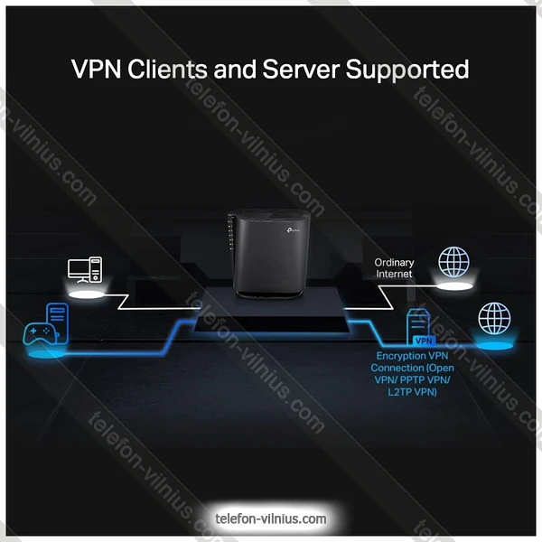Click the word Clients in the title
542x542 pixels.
click(x=160, y=69)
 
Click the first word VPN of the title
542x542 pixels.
click(x=94, y=69)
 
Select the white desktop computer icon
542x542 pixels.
click(x=87, y=270)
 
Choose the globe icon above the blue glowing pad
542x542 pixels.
click(x=493, y=317)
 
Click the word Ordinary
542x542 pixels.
click(x=394, y=263)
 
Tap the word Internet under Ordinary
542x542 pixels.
click(x=394, y=274)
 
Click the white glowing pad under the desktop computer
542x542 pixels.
click(x=87, y=294)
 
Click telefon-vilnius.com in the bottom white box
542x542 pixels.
click(x=271, y=519)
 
